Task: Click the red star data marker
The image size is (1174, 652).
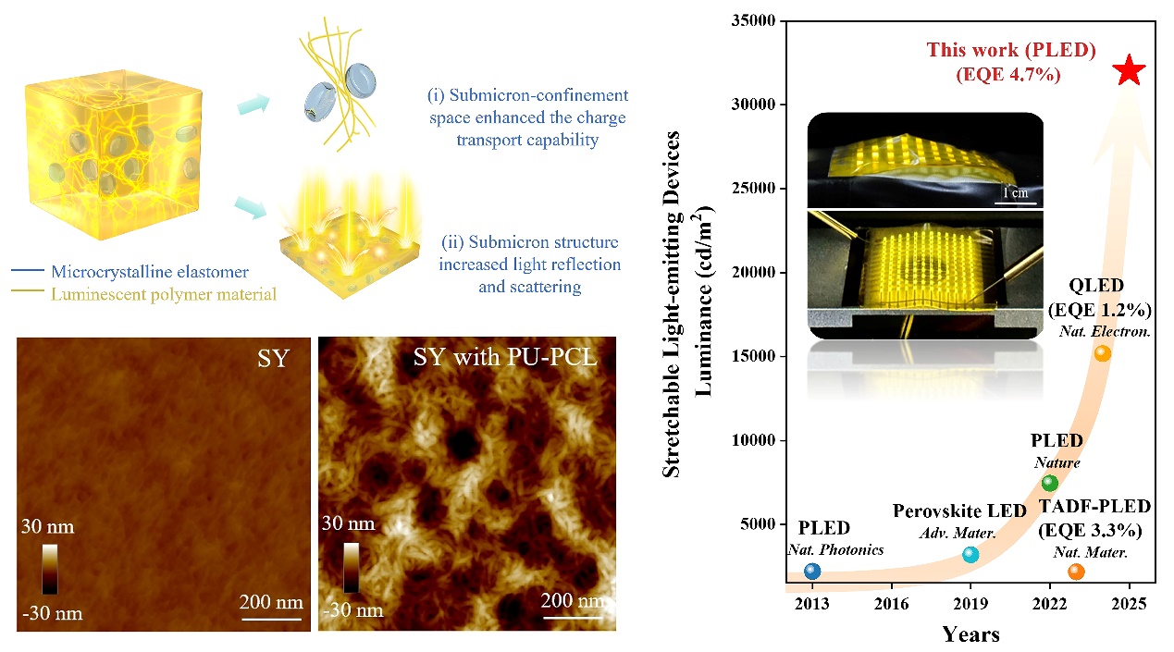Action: click(x=1130, y=71)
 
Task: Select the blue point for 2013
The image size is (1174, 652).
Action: click(x=812, y=571)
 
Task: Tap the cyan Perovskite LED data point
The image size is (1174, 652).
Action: click(x=970, y=554)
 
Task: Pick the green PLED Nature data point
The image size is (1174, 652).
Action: click(x=1049, y=483)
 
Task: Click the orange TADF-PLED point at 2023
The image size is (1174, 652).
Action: click(x=1076, y=572)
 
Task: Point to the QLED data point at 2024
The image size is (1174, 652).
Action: click(x=1102, y=352)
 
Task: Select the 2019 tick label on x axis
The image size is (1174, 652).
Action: click(x=970, y=606)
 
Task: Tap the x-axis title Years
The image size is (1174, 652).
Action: click(x=970, y=634)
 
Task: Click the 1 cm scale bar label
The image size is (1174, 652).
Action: click(x=1015, y=193)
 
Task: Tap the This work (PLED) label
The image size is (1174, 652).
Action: click(x=1011, y=51)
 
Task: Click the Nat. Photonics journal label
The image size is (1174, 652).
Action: click(x=835, y=550)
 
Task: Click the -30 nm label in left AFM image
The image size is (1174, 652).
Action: click(x=52, y=613)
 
